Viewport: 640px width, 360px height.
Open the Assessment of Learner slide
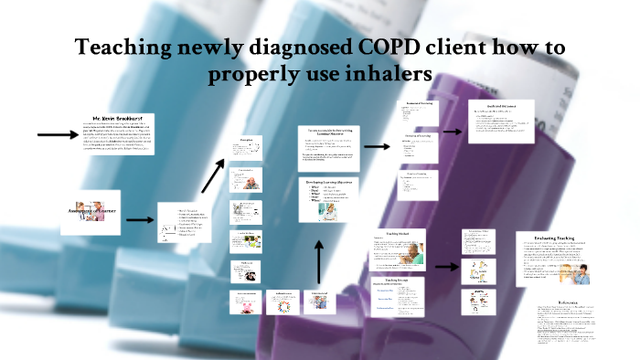click(x=91, y=210)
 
